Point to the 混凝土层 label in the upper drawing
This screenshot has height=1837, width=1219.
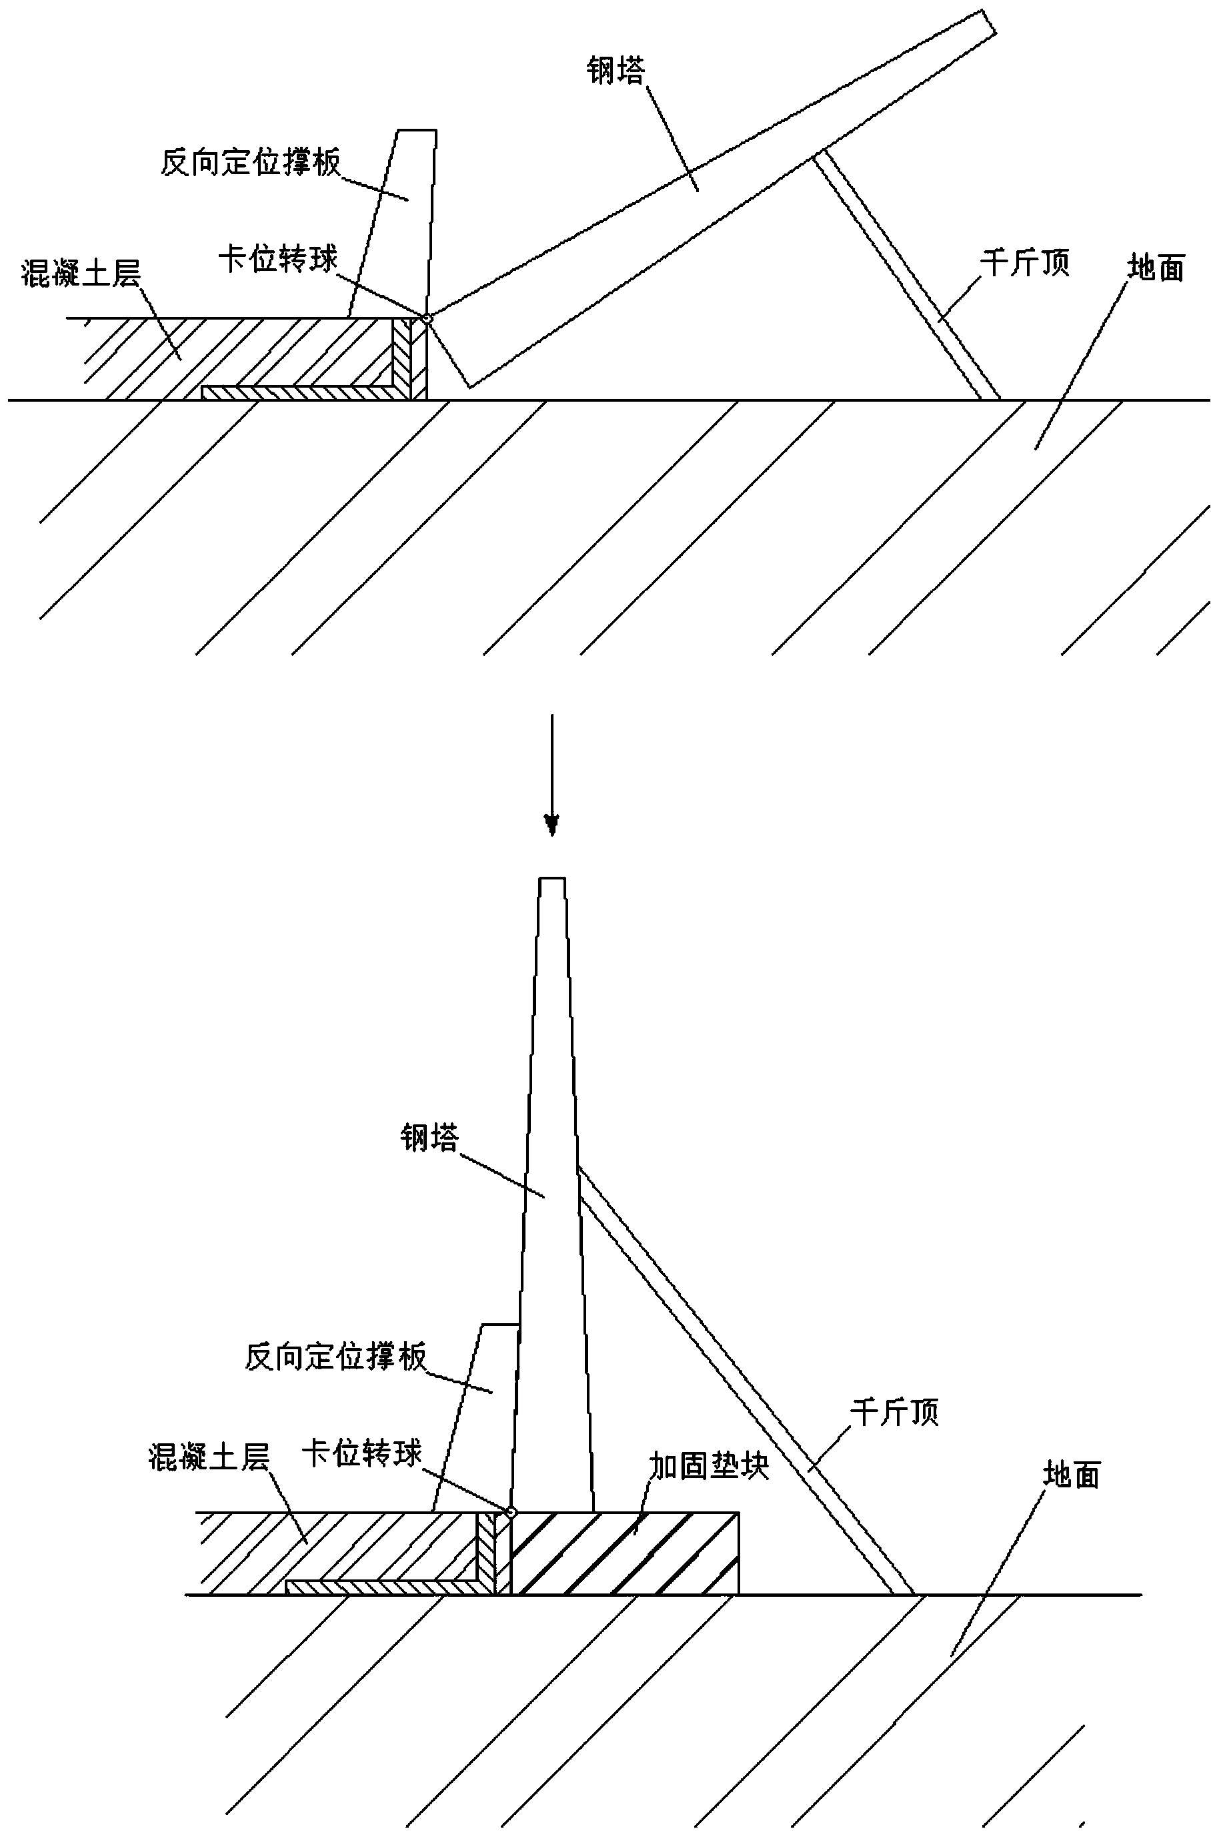pos(81,274)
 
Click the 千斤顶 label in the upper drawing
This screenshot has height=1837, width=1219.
pos(1025,264)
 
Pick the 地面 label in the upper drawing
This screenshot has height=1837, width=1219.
pos(1156,269)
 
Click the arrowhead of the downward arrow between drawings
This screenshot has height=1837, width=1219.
pos(552,824)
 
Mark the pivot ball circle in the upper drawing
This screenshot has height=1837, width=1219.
pos(426,318)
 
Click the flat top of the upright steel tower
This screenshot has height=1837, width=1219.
pos(552,879)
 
